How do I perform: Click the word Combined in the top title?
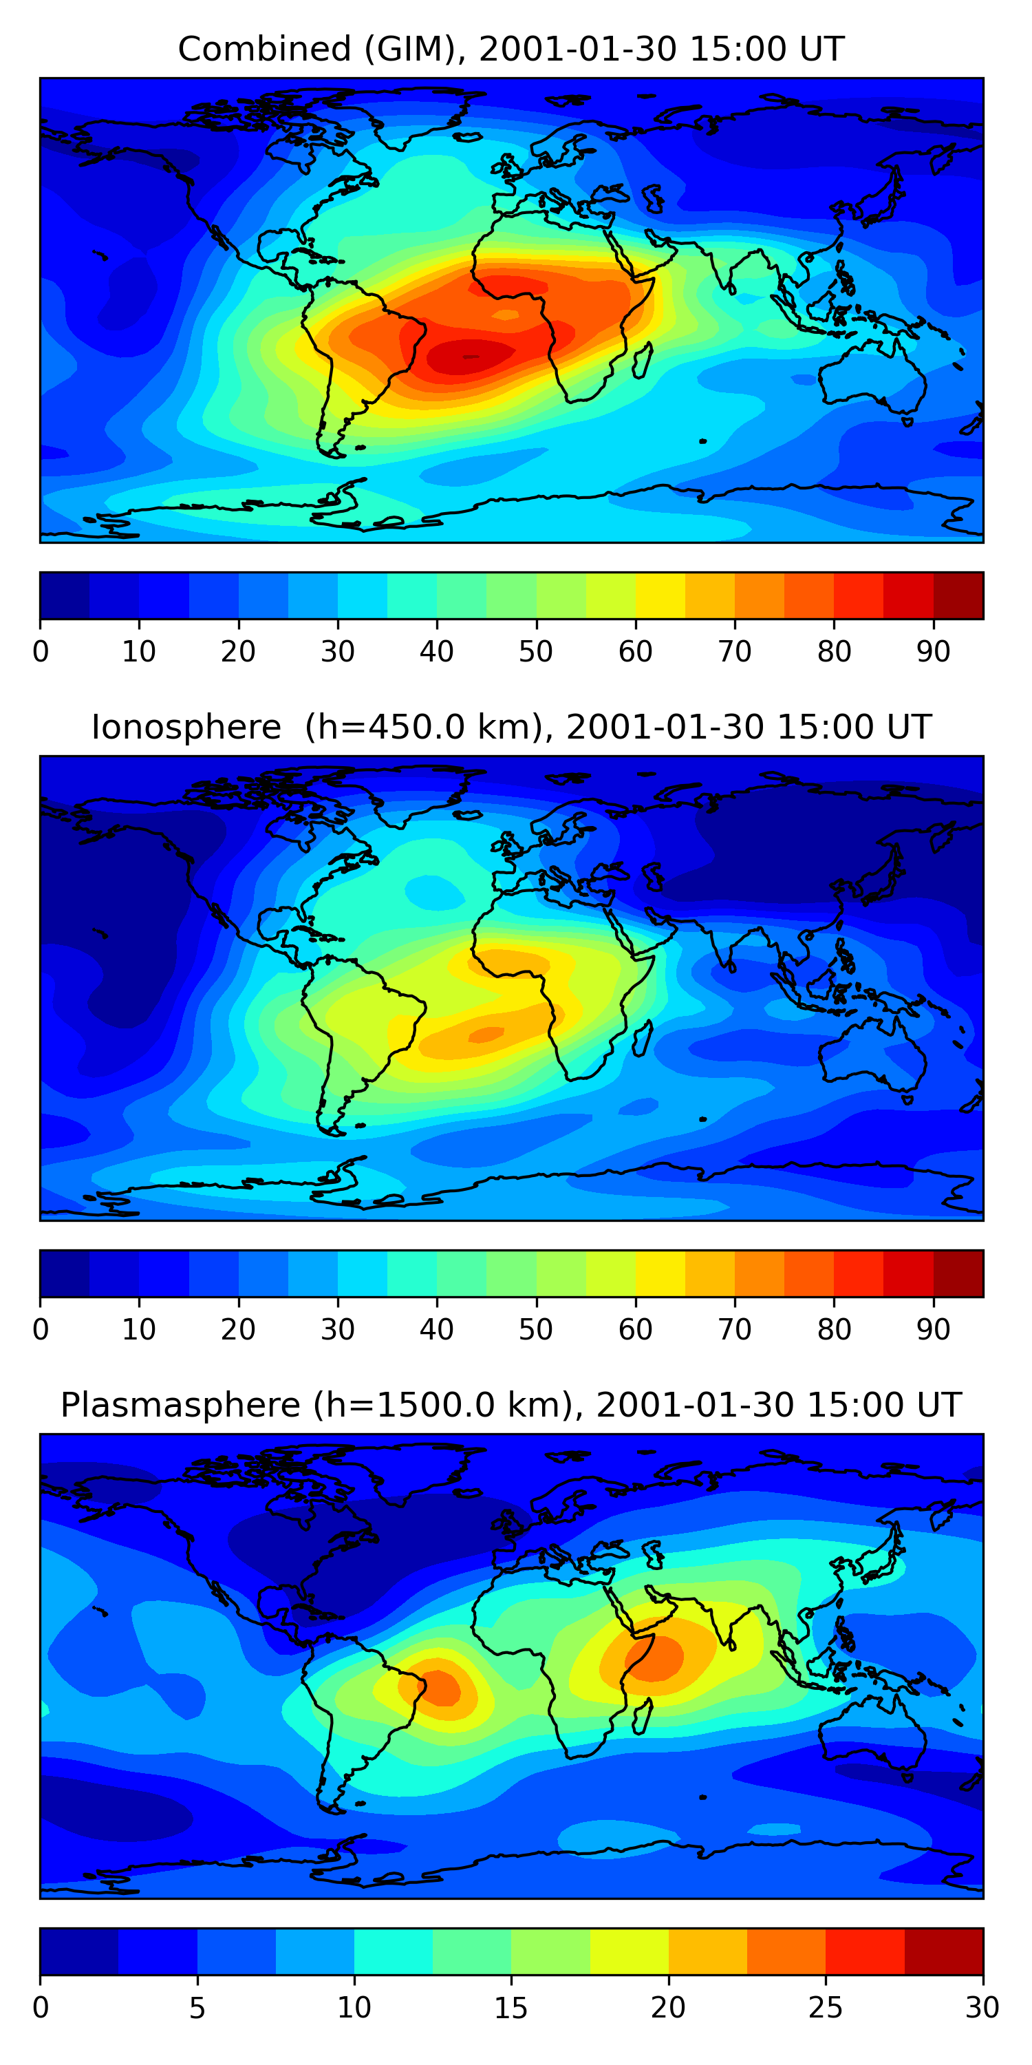click(264, 49)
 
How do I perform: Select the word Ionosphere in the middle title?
click(186, 727)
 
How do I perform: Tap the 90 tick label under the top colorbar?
click(934, 652)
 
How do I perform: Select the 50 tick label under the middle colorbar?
click(535, 1329)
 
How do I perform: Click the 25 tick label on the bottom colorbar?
click(826, 2007)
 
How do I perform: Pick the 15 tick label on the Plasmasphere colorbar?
click(511, 2007)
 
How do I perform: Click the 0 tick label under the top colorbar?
click(41, 652)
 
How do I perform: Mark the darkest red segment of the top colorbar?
click(958, 595)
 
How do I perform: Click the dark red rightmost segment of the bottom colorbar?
click(944, 1951)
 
